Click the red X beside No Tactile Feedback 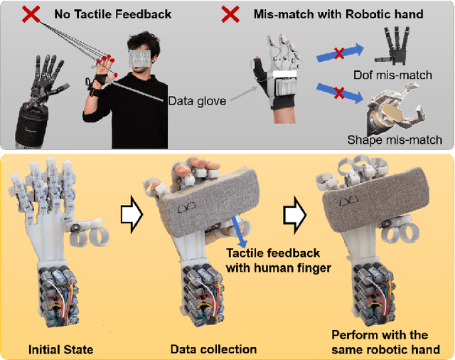(31, 14)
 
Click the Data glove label (197, 101)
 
